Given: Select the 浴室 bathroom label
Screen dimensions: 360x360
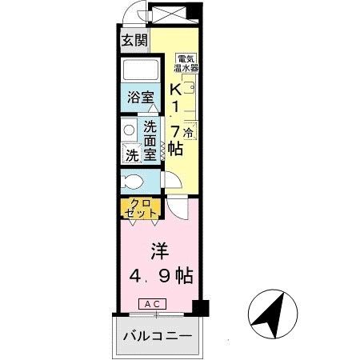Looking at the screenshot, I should coord(142,98).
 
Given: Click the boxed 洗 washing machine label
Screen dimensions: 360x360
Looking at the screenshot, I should coord(130,152).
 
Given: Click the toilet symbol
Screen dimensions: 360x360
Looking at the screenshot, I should coord(133,181).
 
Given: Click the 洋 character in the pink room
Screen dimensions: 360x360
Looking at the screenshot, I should coord(158,247).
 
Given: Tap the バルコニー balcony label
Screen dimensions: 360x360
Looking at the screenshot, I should coord(158,336).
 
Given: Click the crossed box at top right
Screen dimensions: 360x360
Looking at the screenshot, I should coord(170,14).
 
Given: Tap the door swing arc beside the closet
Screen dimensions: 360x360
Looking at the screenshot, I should coord(178,207).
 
